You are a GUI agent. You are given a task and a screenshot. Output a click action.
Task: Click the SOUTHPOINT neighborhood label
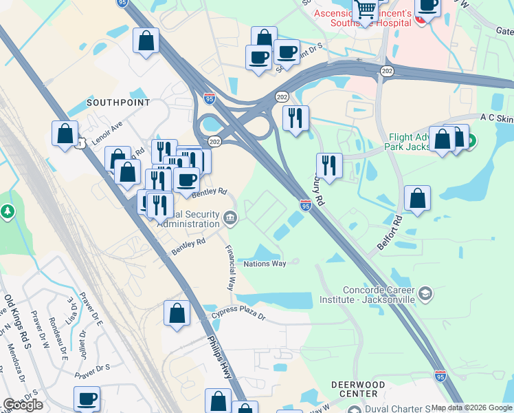[118, 103]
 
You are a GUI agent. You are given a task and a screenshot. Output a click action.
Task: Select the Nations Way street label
[265, 264]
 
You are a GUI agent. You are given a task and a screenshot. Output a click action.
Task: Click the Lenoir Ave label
[107, 130]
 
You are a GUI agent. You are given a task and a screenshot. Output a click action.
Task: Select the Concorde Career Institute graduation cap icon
[425, 294]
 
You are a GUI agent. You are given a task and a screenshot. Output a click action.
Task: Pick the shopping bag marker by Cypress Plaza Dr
[177, 313]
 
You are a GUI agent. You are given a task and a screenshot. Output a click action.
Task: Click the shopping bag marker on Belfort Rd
[417, 198]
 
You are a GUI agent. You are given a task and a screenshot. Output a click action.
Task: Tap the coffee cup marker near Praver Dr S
[87, 398]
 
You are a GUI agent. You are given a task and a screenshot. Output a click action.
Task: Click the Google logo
[23, 405]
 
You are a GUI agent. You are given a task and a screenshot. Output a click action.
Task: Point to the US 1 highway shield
[80, 144]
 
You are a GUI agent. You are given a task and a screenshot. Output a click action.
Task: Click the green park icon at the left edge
[8, 212]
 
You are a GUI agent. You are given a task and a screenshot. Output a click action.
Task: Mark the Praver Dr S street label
[93, 369]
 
